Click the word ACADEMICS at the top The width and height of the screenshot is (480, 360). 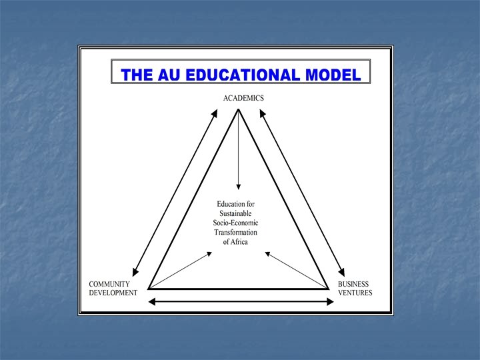(243, 98)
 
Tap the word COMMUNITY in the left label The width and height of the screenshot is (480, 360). (109, 284)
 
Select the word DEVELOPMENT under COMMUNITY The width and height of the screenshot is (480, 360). (113, 293)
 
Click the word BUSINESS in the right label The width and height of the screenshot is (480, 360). (354, 284)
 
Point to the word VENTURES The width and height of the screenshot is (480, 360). (355, 293)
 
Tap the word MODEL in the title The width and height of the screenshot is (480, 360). (333, 74)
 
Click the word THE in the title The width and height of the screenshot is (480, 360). (137, 74)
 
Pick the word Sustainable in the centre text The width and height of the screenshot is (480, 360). (235, 213)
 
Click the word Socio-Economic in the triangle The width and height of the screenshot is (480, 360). (235, 223)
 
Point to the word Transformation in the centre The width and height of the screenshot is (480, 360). (235, 232)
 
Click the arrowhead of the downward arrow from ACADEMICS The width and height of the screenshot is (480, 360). (239, 187)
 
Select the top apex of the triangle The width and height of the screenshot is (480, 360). (238, 109)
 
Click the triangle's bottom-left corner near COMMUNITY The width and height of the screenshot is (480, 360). (149, 288)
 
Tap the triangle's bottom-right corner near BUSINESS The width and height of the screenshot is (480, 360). (329, 288)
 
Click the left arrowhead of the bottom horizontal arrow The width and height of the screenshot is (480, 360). (151, 302)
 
